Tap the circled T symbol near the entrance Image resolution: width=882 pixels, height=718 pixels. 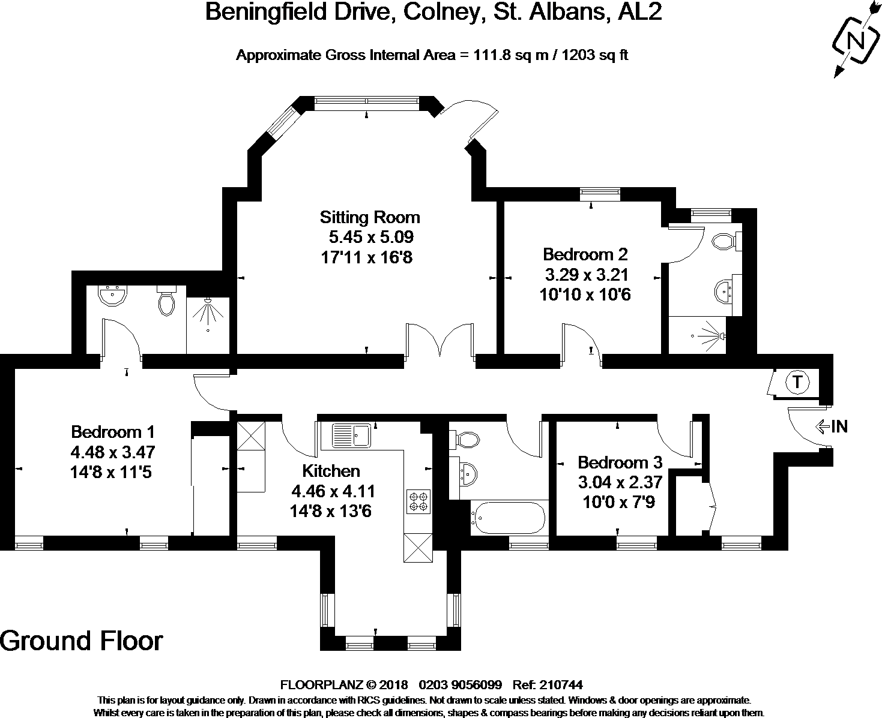coord(797,382)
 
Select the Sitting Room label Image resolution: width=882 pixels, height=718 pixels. coord(369,217)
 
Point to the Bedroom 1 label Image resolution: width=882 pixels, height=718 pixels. coord(113,431)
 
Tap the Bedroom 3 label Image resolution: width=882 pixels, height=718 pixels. coord(620,462)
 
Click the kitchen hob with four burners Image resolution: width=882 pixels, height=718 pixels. coord(418,501)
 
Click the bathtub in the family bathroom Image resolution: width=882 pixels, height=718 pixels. coord(509,518)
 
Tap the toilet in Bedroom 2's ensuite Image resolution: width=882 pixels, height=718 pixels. coord(724,242)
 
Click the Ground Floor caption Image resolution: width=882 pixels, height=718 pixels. coord(81,641)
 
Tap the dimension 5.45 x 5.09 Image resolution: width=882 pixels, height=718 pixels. coord(371,237)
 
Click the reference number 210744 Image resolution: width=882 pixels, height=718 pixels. coord(561,684)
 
